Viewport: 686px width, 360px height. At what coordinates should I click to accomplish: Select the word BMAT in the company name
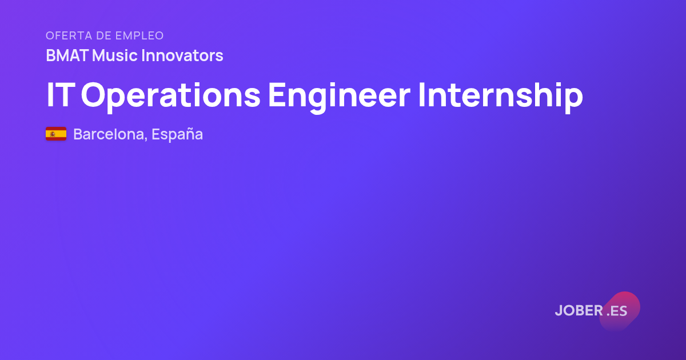67,55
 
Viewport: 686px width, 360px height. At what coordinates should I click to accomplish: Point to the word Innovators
182,55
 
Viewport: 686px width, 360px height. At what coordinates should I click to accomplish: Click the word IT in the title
61,95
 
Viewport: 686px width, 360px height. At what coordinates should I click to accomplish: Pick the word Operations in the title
170,97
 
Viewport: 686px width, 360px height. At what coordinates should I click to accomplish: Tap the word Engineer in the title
339,97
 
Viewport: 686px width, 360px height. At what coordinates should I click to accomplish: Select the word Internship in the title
500,97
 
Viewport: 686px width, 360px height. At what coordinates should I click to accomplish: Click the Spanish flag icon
56,134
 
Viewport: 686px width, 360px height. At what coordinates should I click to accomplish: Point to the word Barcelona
109,134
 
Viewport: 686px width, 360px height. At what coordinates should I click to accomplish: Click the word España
177,135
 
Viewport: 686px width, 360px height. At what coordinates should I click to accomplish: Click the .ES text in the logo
617,311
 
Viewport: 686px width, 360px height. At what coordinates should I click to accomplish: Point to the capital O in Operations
93,95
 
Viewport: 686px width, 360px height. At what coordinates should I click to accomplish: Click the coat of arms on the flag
53,134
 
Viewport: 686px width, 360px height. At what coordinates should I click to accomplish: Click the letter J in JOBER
559,311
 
